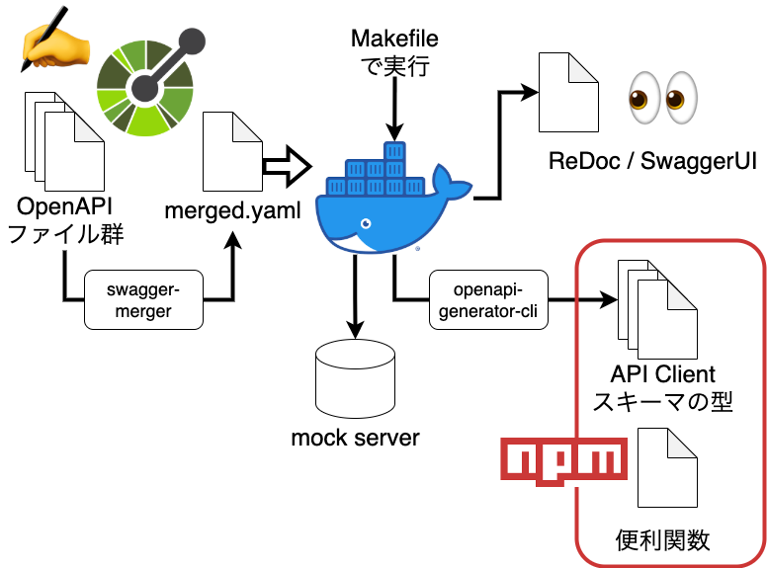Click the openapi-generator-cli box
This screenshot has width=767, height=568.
tap(486, 300)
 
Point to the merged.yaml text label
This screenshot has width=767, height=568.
tap(233, 210)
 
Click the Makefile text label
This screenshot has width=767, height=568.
tap(394, 40)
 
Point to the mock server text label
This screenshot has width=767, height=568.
tap(355, 437)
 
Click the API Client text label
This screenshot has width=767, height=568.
tap(662, 375)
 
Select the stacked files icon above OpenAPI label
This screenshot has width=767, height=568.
tap(58, 137)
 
